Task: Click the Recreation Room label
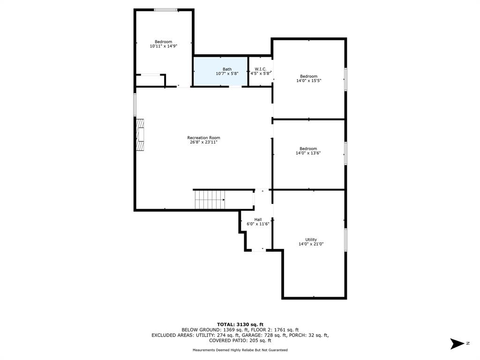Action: pos(203,138)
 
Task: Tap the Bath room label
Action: pos(227,69)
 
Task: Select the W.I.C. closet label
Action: pos(261,69)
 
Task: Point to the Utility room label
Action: pos(311,240)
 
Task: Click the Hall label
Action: pos(258,219)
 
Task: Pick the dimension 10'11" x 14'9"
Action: pos(164,46)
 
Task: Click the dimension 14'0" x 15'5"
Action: pos(308,81)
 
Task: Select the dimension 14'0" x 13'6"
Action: pos(308,153)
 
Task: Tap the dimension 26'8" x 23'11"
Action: pos(203,142)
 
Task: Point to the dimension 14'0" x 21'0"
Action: pos(311,244)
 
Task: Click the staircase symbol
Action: pos(210,200)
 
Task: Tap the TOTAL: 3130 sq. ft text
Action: pos(240,324)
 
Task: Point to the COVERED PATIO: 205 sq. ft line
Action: pos(240,340)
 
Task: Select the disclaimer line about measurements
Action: pos(240,350)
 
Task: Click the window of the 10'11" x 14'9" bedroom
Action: pos(165,10)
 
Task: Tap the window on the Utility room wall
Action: pos(345,240)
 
